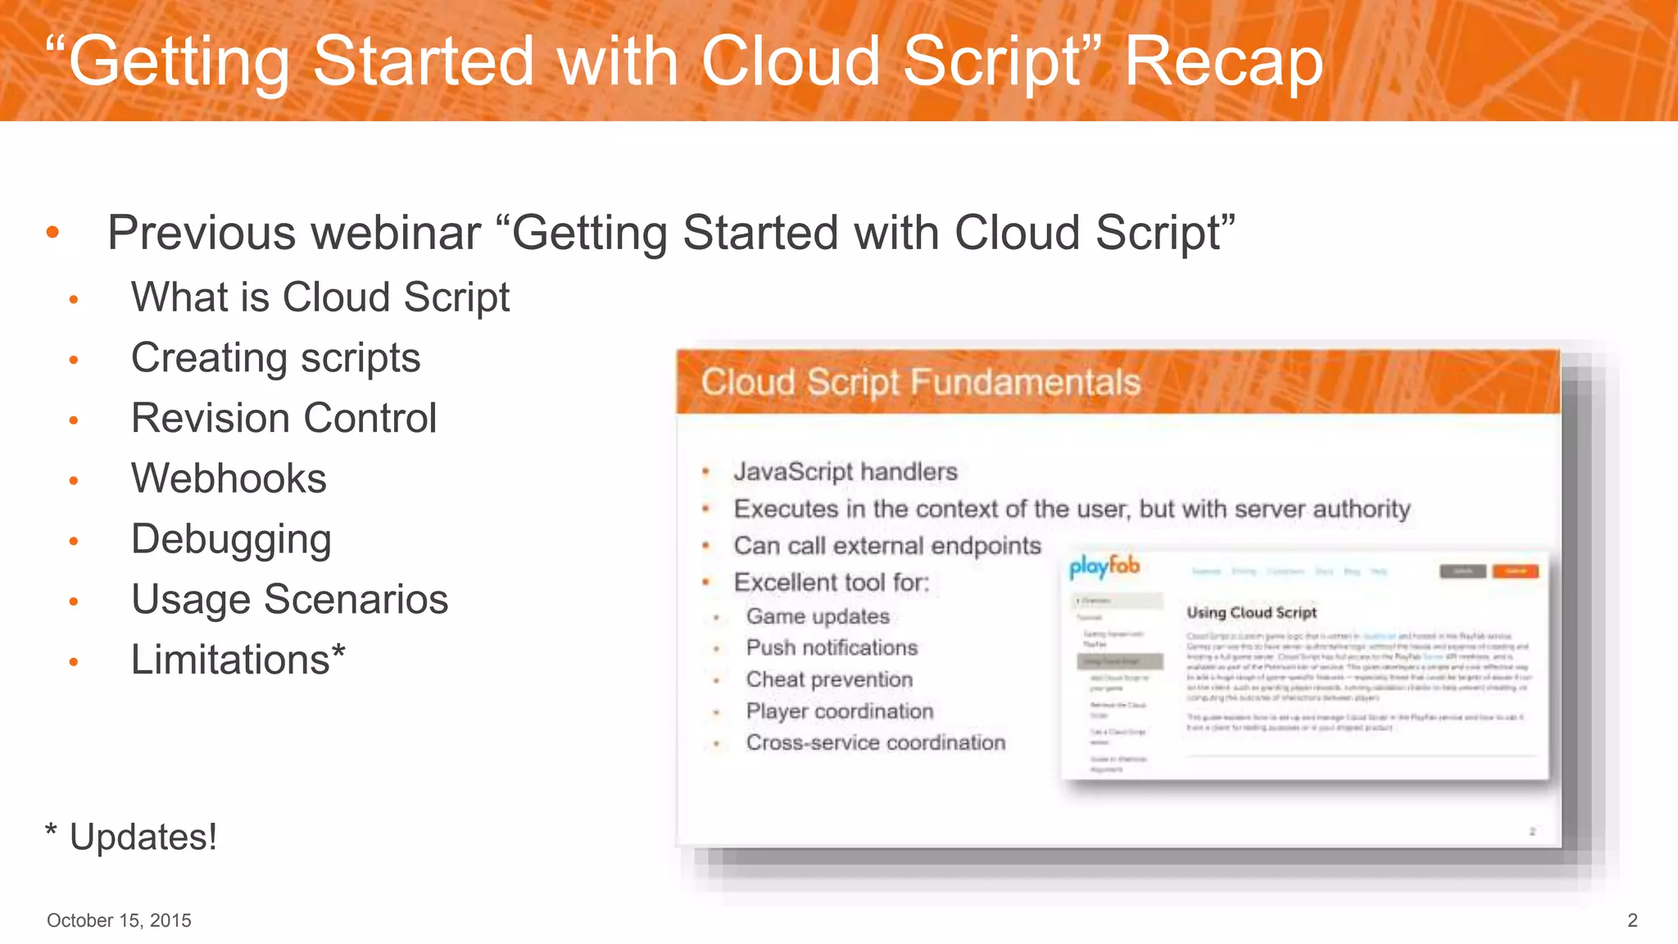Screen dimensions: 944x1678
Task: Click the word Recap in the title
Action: coord(1222,62)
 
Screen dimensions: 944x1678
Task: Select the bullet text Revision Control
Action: coord(283,419)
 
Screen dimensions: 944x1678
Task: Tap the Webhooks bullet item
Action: coord(229,479)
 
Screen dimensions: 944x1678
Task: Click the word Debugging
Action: coord(231,540)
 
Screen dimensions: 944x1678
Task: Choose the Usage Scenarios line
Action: coord(289,600)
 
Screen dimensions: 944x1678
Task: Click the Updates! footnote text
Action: coord(143,837)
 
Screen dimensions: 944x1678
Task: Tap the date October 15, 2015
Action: coord(119,920)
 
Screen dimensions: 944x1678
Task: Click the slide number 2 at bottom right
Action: coord(1632,920)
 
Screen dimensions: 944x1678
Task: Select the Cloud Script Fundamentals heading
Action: coord(920,383)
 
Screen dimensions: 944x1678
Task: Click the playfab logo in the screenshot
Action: coord(1104,567)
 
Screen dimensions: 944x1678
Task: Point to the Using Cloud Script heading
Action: coord(1251,612)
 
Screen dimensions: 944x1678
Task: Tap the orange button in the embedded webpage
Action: coord(1515,571)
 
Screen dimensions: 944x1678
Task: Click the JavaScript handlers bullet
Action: coord(845,472)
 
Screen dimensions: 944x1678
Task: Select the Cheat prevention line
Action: coord(828,679)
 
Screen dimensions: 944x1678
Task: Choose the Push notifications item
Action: coord(831,647)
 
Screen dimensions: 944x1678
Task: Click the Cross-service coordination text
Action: coord(875,742)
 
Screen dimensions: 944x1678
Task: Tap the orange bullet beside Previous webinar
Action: coord(53,233)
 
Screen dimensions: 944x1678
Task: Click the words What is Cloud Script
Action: coord(320,297)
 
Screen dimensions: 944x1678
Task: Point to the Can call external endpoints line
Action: coord(887,546)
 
